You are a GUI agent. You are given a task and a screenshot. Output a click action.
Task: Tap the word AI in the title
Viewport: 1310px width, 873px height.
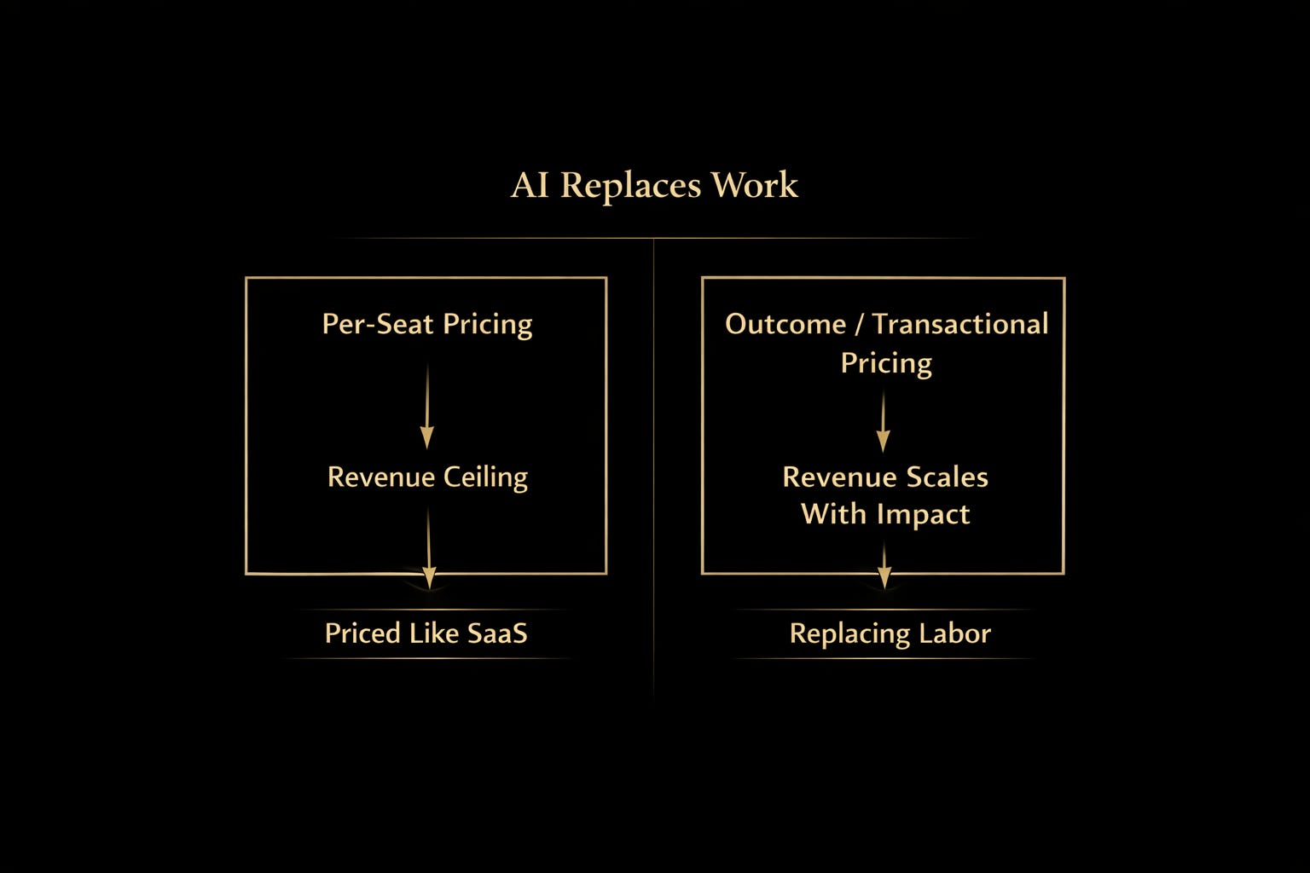pyautogui.click(x=530, y=185)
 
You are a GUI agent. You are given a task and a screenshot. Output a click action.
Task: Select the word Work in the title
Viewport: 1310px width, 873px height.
pyautogui.click(x=755, y=185)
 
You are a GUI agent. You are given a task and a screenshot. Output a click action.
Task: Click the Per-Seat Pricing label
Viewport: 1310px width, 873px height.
pyautogui.click(x=426, y=324)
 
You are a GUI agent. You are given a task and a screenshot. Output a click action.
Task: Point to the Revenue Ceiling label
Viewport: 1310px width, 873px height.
pyautogui.click(x=427, y=477)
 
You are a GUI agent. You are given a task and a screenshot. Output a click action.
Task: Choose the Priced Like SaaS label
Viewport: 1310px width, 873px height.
pyautogui.click(x=426, y=633)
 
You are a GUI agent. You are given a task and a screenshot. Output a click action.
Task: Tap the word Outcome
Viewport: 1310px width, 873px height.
pyautogui.click(x=785, y=324)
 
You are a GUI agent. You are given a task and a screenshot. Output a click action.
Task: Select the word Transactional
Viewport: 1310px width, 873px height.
pyautogui.click(x=959, y=324)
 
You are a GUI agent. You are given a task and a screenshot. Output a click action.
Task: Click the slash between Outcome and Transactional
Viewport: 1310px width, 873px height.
pyautogui.click(x=859, y=325)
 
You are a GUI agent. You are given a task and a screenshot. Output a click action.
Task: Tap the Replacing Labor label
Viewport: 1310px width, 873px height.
pyautogui.click(x=890, y=633)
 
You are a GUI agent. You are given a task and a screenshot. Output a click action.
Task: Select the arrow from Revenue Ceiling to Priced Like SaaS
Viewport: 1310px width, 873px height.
pyautogui.click(x=429, y=546)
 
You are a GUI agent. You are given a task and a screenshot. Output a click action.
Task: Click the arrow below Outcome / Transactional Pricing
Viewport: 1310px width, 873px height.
pyautogui.click(x=884, y=421)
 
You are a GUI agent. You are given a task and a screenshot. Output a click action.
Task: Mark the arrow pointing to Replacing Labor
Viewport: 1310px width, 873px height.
pyautogui.click(x=884, y=565)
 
